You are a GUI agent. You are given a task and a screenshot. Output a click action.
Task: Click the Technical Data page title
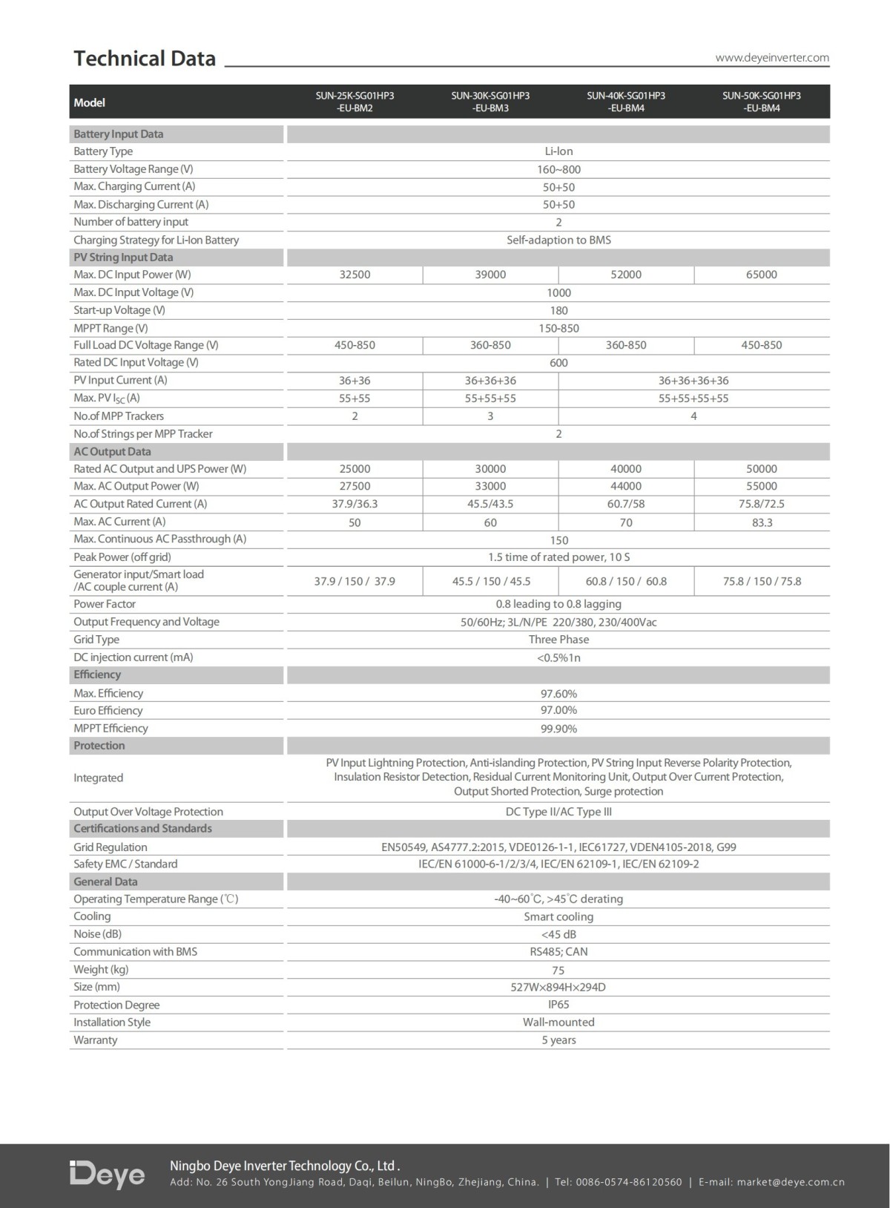[x=145, y=59]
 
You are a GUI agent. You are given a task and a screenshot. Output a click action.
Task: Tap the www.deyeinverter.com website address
[x=772, y=58]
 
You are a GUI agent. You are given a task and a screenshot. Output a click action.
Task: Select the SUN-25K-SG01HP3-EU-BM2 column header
[x=355, y=102]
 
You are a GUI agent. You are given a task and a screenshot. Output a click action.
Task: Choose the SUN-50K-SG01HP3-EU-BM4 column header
[x=762, y=102]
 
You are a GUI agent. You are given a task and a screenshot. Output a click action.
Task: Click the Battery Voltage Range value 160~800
[x=558, y=169]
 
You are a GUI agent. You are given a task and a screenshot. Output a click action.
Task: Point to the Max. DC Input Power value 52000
[x=626, y=275]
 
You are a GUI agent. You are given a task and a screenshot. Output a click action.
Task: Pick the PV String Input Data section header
[x=123, y=257]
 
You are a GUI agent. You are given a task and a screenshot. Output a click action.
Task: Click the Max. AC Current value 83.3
[x=762, y=522]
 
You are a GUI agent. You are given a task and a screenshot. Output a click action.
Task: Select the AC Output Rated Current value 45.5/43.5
[x=490, y=504]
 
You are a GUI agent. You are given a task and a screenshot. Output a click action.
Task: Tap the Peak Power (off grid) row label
[x=122, y=557]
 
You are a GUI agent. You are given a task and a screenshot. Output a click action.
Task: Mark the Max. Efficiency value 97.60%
[x=558, y=694]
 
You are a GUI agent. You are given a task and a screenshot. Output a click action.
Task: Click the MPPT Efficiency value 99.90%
[x=558, y=729]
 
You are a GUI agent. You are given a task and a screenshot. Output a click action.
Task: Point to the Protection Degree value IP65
[x=558, y=1005]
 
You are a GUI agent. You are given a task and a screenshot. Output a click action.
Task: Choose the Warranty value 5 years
[x=558, y=1040]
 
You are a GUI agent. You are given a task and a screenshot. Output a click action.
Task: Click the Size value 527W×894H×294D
[x=558, y=988]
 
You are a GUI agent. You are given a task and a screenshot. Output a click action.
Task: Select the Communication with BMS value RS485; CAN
[x=558, y=952]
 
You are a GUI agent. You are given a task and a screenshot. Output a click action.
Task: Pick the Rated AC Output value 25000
[x=355, y=469]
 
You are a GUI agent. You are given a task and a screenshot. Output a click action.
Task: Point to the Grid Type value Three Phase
[x=558, y=640]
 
